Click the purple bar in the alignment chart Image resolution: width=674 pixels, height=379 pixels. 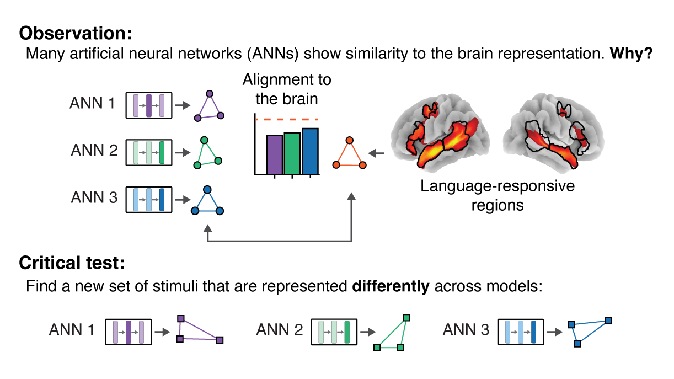[275, 154]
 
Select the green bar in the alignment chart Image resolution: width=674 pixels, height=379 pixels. [292, 153]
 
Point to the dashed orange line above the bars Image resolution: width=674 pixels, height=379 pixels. [287, 119]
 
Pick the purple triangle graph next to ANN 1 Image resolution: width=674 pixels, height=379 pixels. [209, 108]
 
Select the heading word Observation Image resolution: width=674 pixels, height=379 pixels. [76, 33]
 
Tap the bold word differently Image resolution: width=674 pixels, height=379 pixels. [391, 287]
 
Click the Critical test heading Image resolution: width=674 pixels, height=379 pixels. [72, 263]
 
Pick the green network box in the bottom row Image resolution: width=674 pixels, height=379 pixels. [334, 331]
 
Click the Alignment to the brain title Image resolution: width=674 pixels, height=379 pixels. [287, 89]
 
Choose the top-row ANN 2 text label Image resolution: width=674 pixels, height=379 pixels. [94, 150]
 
